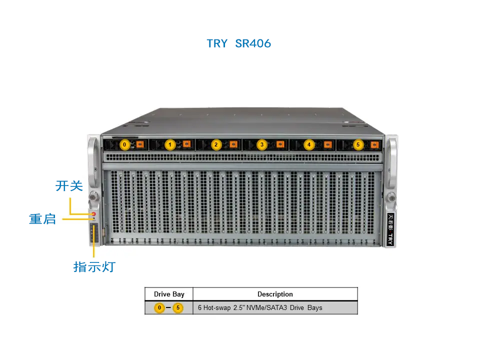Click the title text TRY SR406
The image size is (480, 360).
(239, 43)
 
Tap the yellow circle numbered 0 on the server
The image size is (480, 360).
(124, 144)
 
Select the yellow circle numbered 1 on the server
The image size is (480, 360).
(170, 144)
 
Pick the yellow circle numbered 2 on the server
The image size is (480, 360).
(216, 144)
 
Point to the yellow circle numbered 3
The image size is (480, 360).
(261, 144)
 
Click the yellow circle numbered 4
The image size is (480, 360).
(309, 144)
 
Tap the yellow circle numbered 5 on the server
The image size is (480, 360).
(358, 144)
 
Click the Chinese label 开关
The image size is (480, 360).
(69, 186)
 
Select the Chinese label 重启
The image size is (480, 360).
(42, 219)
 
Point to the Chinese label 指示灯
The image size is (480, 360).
(94, 266)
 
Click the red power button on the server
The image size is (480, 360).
(94, 214)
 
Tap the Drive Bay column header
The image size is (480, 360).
(169, 294)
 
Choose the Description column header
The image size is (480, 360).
(275, 294)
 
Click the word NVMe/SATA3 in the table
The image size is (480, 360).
(266, 307)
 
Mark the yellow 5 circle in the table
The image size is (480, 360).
(178, 307)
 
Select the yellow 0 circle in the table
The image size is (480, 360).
(159, 307)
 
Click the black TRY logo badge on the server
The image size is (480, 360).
(390, 229)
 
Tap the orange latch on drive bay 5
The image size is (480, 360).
(374, 144)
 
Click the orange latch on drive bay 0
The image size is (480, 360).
(140, 144)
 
